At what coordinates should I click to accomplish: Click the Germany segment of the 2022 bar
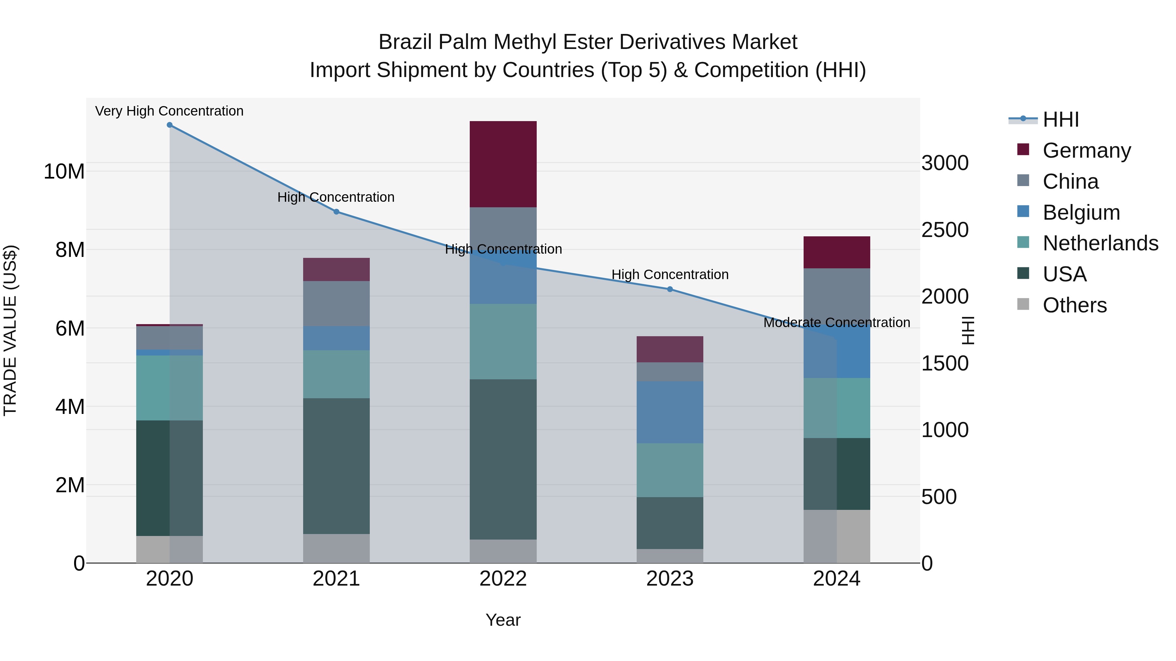point(503,164)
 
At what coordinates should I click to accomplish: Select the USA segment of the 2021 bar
point(336,466)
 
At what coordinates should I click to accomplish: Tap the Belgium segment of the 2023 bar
point(670,412)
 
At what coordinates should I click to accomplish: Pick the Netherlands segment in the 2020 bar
point(169,388)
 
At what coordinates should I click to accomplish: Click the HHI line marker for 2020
point(169,125)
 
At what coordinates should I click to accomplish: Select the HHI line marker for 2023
point(670,289)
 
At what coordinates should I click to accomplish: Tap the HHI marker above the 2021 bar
point(336,212)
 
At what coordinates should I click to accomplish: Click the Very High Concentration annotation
point(169,111)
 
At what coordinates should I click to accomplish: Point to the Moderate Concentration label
point(836,323)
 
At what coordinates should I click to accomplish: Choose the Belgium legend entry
point(1081,212)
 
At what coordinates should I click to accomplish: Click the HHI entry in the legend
point(1060,119)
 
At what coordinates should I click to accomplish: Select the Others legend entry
point(1074,305)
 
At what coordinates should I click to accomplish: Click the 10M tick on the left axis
point(64,172)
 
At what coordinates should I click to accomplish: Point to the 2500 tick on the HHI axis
point(944,230)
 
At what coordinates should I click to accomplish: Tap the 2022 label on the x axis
point(503,579)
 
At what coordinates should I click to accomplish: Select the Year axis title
point(503,620)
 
